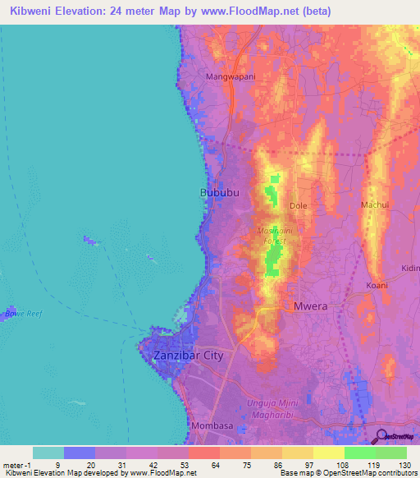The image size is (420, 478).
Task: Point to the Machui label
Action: (x=374, y=205)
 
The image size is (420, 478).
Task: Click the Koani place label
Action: (x=377, y=285)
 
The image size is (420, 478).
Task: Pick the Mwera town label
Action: (x=311, y=306)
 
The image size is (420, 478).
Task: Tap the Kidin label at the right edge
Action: (x=409, y=269)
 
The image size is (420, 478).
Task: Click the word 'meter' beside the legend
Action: (x=13, y=465)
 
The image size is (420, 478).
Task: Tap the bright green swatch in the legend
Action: (x=359, y=453)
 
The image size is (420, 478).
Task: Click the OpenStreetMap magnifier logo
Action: (x=381, y=436)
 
